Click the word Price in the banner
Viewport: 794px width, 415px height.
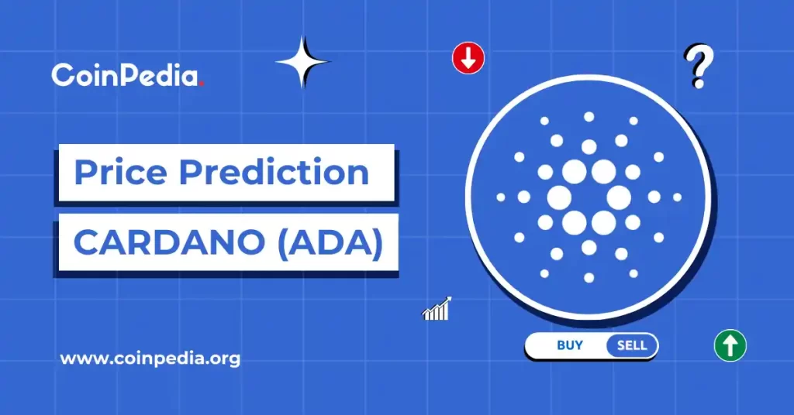121,172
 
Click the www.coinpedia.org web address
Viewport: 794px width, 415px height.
150,359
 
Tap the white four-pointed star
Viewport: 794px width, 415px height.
303,62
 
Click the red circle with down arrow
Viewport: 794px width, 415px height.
468,58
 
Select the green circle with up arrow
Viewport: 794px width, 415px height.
730,345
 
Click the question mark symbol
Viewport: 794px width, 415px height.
699,67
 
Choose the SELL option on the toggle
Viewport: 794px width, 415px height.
632,345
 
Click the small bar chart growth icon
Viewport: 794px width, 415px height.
436,309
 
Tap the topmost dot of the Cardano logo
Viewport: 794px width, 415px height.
589,117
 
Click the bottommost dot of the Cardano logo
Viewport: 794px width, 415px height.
589,277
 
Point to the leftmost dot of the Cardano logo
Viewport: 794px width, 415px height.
501,197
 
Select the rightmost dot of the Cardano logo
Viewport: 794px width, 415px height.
677,197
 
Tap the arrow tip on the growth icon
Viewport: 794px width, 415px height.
448,299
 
